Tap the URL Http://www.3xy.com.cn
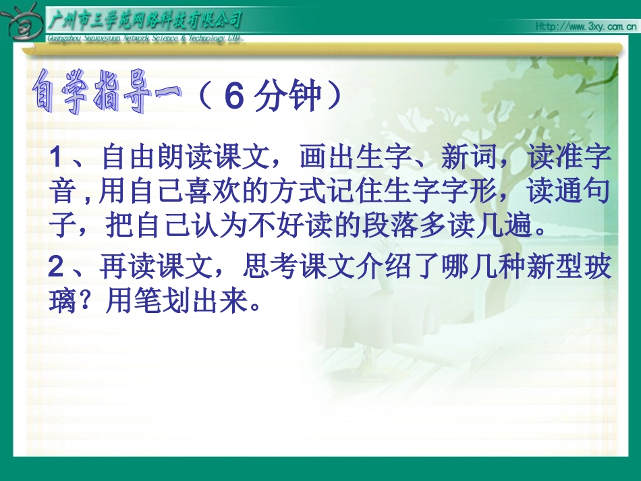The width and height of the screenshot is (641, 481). [x=586, y=26]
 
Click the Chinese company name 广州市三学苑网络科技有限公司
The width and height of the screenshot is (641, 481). [x=145, y=20]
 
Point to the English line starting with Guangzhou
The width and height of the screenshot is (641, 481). [x=144, y=38]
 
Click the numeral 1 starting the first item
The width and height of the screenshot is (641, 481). [x=57, y=161]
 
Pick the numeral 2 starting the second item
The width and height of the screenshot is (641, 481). [x=57, y=268]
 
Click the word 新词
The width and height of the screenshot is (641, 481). [x=466, y=161]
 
